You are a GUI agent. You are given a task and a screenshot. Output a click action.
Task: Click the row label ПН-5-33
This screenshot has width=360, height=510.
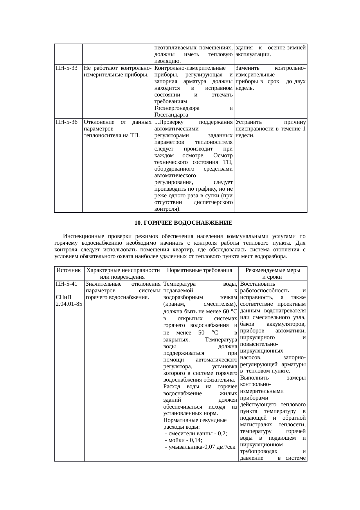tap(66, 68)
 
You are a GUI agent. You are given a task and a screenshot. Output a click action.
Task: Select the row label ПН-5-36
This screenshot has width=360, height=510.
tap(66, 122)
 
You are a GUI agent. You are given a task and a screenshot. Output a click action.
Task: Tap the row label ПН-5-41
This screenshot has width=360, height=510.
tap(66, 284)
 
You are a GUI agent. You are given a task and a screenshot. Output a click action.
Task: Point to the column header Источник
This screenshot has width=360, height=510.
tap(69, 270)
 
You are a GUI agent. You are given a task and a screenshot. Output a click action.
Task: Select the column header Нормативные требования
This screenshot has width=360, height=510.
tap(200, 270)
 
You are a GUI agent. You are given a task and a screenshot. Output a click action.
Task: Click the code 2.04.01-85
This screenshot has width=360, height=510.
tap(69, 304)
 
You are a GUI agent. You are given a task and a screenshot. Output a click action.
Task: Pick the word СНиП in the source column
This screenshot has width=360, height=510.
tap(64, 297)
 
